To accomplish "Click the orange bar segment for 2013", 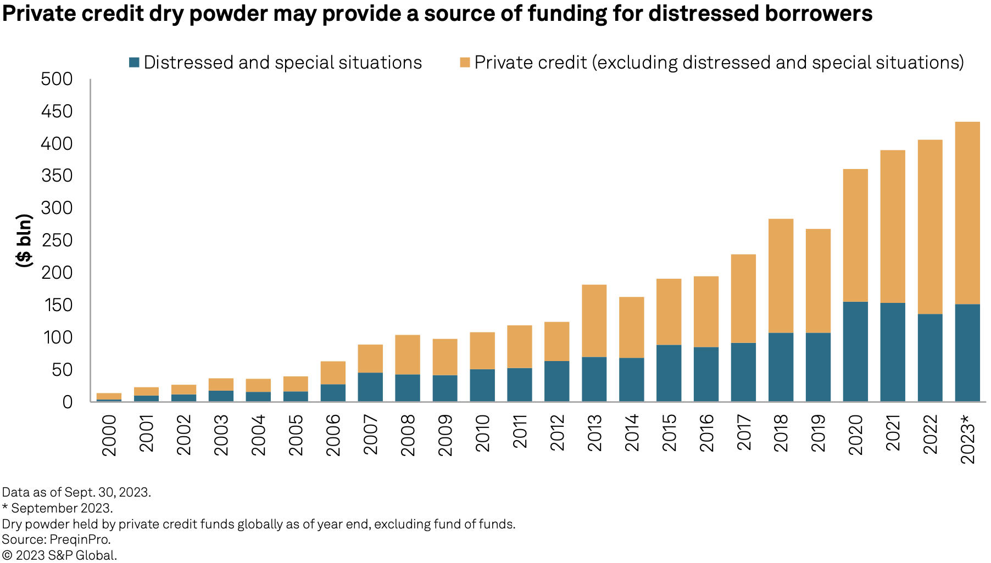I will [594, 320].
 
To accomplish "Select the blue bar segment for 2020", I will [855, 351].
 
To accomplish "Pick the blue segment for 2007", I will [370, 387].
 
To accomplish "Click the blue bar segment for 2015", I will [669, 373].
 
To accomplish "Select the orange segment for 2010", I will [482, 350].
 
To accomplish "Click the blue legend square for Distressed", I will [134, 63].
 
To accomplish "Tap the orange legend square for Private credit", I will [465, 63].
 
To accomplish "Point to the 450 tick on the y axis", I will [57, 111].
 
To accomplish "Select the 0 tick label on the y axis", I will [68, 402].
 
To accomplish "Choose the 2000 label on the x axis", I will [109, 435].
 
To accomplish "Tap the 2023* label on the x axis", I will [967, 439].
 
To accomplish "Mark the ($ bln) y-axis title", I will [24, 240].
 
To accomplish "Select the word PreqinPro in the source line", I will [80, 539].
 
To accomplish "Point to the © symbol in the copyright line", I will [7, 555].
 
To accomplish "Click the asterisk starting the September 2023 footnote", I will [5, 508].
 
